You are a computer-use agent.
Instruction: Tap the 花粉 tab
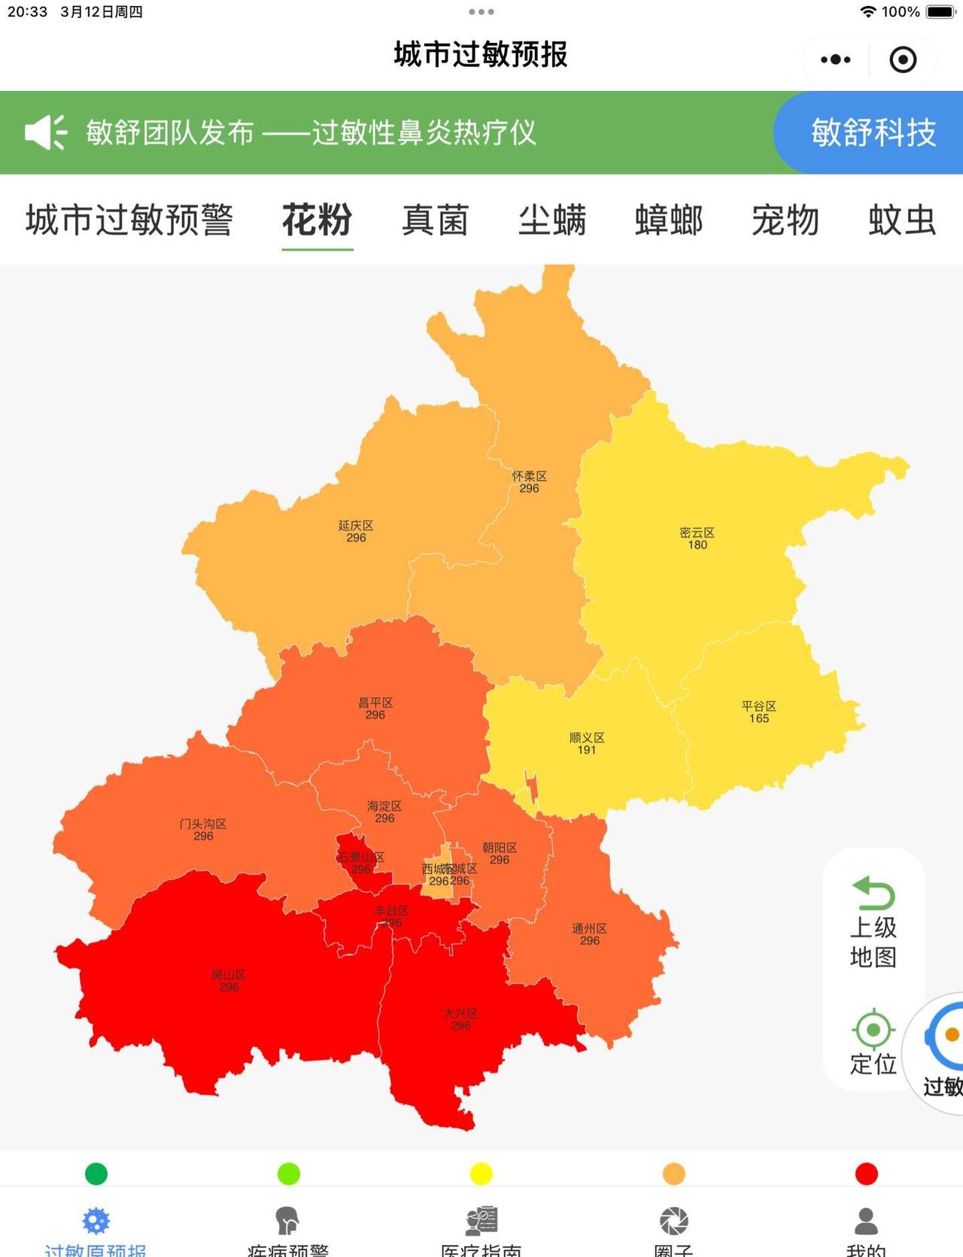(x=317, y=220)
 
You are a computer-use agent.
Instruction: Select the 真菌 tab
(x=435, y=220)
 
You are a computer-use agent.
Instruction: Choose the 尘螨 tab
(x=552, y=220)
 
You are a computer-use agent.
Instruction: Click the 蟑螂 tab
(x=669, y=220)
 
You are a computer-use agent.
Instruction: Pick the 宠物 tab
(x=785, y=220)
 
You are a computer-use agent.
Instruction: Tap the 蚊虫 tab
(x=902, y=220)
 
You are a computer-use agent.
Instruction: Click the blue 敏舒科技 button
(x=873, y=133)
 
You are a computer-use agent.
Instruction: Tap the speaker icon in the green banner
(x=45, y=132)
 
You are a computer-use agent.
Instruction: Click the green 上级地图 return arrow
(x=873, y=893)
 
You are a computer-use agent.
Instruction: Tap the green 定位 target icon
(x=873, y=1029)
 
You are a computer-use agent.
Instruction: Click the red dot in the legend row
(x=866, y=1174)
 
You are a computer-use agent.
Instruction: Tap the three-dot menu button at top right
(x=835, y=59)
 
